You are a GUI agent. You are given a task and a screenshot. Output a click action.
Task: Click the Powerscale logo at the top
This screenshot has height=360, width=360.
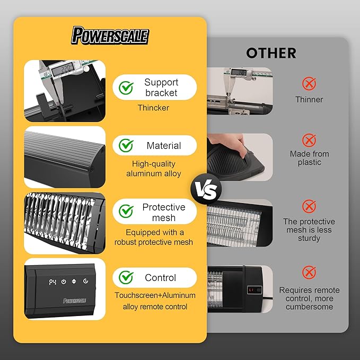[x=110, y=36]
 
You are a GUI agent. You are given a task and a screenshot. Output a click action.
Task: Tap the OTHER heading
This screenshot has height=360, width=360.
[x=271, y=53]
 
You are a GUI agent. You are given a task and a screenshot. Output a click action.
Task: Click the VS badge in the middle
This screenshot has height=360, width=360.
[x=206, y=189]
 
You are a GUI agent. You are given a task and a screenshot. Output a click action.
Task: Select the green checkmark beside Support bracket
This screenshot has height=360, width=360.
[x=126, y=87]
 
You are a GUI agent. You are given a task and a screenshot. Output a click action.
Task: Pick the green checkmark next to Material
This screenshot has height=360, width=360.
[x=126, y=145]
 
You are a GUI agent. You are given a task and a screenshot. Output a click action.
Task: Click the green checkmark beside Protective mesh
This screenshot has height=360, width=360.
[x=126, y=211]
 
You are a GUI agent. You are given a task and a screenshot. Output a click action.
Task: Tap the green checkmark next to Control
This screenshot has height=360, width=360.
[x=126, y=277]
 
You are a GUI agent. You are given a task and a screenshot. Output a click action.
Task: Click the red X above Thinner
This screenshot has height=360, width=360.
[x=309, y=83]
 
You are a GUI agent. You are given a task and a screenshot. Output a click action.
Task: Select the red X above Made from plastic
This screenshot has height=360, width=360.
[x=309, y=140]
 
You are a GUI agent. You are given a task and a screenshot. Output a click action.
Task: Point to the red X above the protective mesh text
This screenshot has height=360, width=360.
[x=309, y=206]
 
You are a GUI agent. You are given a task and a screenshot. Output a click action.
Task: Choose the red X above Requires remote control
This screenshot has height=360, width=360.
[x=309, y=273]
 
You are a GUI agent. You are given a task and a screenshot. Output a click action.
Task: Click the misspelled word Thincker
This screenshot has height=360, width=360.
[x=153, y=108]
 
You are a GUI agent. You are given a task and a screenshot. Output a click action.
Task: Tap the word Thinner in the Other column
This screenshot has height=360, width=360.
[x=309, y=100]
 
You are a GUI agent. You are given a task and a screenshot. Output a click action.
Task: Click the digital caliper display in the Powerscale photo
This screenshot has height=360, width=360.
[x=63, y=68]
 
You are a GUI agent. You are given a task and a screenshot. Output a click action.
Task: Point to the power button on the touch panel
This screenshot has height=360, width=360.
[x=64, y=282]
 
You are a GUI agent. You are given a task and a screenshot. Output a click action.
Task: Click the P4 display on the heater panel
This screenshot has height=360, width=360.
[x=52, y=282]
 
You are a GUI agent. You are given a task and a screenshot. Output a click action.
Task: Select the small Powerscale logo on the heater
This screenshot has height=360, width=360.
[x=74, y=301]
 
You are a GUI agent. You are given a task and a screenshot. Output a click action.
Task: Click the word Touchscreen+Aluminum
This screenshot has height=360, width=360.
[x=155, y=295]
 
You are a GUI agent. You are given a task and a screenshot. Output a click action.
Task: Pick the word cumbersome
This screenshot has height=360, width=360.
[x=309, y=307]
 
